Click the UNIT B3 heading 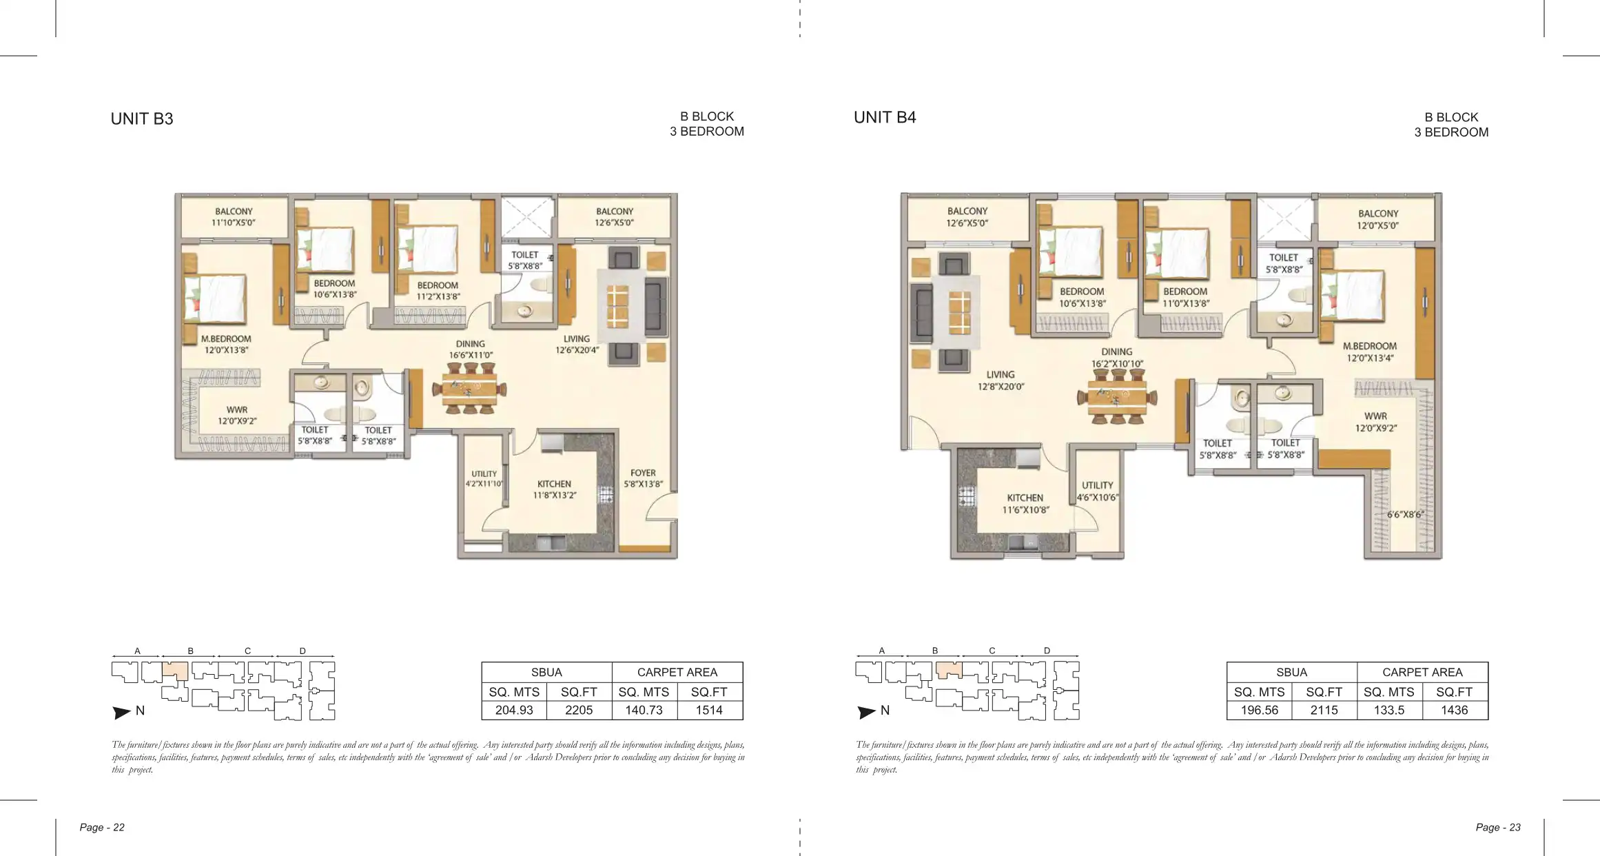click(x=142, y=119)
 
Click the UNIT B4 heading click(x=885, y=117)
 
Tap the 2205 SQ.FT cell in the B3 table click(x=579, y=710)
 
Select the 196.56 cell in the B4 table click(x=1259, y=710)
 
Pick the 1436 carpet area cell click(x=1454, y=710)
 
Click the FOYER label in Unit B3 click(x=643, y=473)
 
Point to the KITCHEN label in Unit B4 click(x=1025, y=498)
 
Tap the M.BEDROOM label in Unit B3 click(x=226, y=339)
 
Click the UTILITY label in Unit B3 click(x=484, y=473)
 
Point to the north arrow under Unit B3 click(x=121, y=713)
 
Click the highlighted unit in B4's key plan click(x=948, y=670)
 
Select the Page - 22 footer click(x=102, y=827)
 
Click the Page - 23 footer click(x=1498, y=827)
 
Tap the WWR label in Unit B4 click(x=1375, y=416)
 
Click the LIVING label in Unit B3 click(x=577, y=339)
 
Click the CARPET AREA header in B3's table click(x=677, y=672)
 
